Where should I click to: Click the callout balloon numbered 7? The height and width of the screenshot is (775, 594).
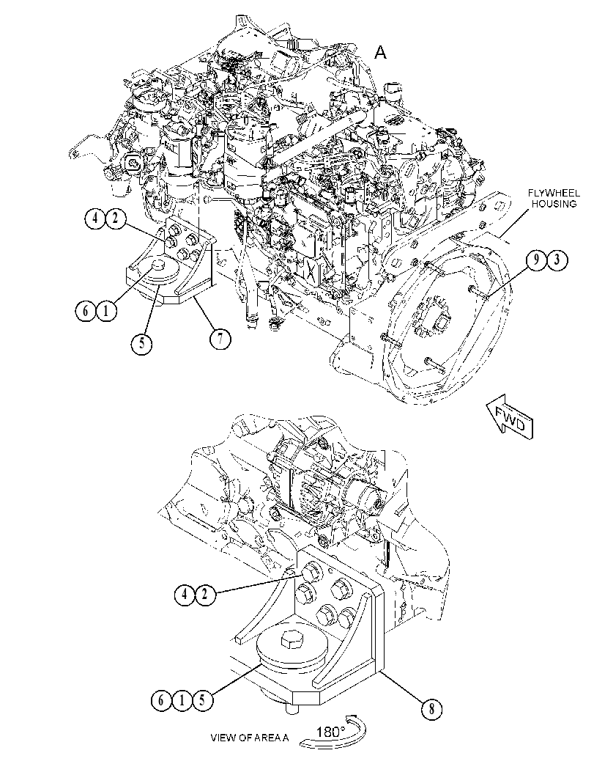(220, 339)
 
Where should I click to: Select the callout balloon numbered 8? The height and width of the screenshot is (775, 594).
(431, 709)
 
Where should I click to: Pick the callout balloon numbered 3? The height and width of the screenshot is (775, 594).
(557, 260)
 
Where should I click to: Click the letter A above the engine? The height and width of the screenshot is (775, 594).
(380, 52)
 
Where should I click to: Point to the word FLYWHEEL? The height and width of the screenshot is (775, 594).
(551, 192)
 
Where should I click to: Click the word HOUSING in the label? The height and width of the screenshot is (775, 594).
(557, 203)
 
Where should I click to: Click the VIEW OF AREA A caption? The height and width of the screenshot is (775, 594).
(249, 738)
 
